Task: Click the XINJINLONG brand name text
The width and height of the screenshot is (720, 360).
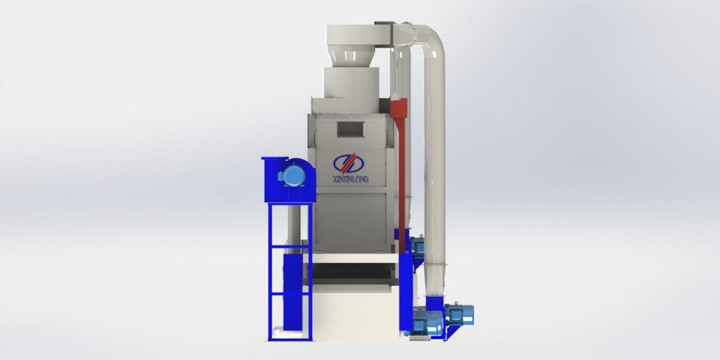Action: click(x=350, y=179)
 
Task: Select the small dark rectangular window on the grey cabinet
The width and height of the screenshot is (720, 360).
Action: click(x=350, y=128)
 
